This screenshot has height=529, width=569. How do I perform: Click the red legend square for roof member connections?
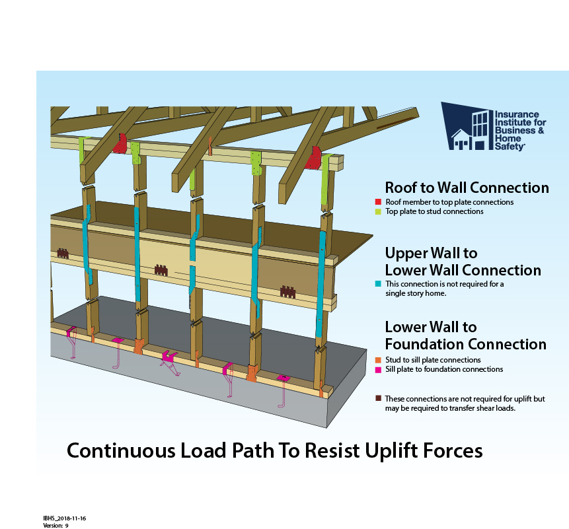(377, 202)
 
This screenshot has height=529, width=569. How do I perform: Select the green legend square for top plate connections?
(377, 212)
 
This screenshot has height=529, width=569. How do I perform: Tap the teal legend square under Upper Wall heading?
(377, 284)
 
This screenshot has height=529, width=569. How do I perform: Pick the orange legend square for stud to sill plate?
(377, 360)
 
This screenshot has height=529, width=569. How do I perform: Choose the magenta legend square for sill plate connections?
(377, 369)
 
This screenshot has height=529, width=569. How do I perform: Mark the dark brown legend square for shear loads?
(377, 399)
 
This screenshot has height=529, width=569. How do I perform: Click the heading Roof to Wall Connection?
(467, 188)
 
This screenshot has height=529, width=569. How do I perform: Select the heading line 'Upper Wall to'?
(431, 253)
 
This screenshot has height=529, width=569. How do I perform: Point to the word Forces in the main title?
(449, 451)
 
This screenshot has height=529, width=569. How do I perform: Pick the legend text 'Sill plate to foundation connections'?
(444, 369)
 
